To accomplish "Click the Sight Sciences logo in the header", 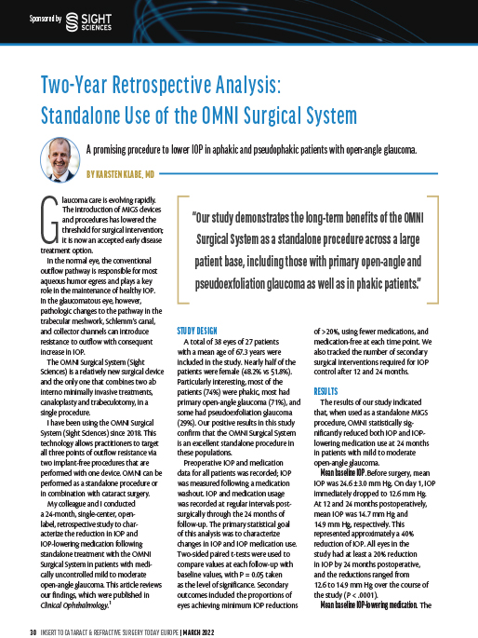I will click(x=86, y=18).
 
